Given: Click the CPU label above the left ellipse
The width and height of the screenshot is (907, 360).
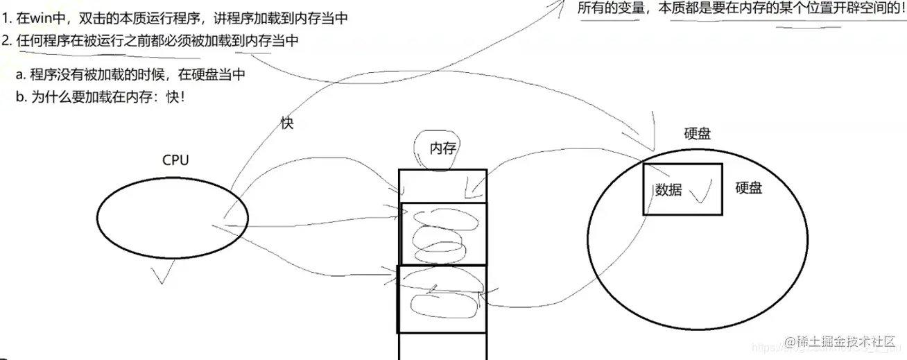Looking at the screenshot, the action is tap(175, 160).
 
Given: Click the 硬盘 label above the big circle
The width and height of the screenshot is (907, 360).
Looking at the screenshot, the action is tap(698, 135).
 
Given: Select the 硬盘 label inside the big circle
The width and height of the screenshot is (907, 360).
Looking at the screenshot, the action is tap(749, 187).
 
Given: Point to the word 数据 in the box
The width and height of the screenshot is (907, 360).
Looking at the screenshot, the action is tap(668, 190).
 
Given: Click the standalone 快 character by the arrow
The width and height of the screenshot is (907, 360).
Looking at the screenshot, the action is tap(287, 123).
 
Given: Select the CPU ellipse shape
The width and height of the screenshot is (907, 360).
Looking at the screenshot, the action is tap(172, 219).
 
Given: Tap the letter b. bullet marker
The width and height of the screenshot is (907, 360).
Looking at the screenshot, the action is tap(19, 97).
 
